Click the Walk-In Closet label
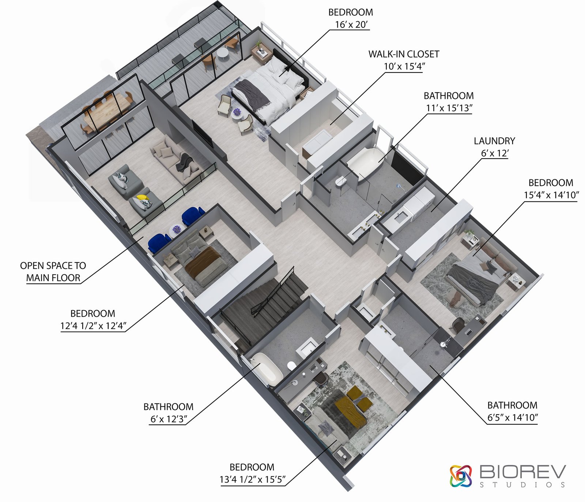tap(404, 54)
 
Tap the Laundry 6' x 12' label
tap(494, 147)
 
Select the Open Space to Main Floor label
tap(53, 271)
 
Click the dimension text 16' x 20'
tap(351, 25)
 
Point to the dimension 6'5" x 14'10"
tap(512, 417)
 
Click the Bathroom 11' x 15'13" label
tap(449, 102)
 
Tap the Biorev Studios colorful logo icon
tap(461, 476)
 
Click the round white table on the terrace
tap(222, 53)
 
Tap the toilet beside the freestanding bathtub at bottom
tap(291, 365)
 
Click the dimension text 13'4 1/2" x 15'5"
tap(252, 479)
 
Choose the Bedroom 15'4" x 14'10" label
tap(551, 189)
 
